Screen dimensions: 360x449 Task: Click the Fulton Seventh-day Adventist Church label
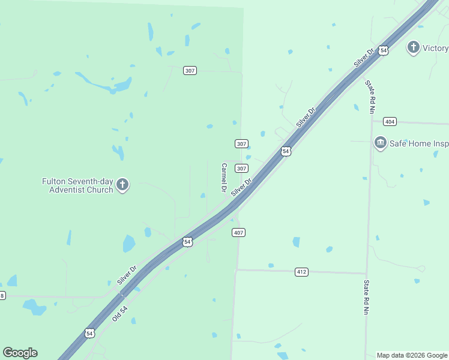[x=77, y=185]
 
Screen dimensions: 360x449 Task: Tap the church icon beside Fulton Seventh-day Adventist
[x=122, y=185]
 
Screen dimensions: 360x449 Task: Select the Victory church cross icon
[x=413, y=48]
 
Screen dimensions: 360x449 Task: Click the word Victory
[x=435, y=48]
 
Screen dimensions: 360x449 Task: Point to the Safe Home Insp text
[x=420, y=144]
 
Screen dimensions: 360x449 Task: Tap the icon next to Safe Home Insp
[x=380, y=143]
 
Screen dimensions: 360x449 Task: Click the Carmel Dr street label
[x=224, y=178]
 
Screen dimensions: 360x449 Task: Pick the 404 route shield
[x=390, y=122]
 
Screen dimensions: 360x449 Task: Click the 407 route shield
[x=238, y=232]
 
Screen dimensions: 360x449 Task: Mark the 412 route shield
[x=301, y=272]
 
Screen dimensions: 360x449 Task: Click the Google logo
[x=20, y=353]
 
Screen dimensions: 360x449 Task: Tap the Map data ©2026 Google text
[x=412, y=355]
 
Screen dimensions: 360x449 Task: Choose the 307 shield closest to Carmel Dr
[x=241, y=169]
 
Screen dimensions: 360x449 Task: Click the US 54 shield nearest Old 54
[x=89, y=333]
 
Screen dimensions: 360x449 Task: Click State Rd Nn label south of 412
[x=365, y=297]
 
